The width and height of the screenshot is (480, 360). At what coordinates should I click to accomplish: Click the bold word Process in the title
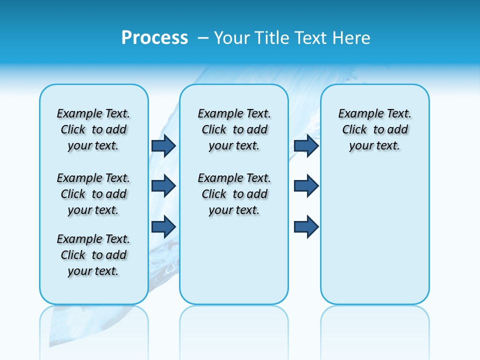154,38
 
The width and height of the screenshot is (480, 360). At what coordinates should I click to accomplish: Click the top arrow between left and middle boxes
163,145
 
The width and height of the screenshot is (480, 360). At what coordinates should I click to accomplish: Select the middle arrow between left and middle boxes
163,186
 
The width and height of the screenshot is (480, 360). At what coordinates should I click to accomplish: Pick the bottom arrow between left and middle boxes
163,226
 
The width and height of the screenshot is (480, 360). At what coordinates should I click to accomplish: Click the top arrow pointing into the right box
306,145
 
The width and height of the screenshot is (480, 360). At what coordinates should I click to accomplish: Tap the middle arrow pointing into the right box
306,186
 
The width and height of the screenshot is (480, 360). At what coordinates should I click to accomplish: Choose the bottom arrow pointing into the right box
306,226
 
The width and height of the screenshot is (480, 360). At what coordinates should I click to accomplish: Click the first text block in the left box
93,129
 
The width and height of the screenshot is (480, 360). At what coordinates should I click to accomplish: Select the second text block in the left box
93,194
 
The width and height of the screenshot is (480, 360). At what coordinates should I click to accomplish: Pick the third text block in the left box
93,255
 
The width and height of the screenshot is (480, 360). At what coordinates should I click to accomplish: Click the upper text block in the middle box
234,129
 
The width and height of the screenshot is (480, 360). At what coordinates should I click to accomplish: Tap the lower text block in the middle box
234,194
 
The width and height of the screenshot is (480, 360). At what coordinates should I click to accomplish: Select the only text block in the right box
374,129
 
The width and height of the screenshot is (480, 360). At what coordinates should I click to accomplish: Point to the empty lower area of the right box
374,235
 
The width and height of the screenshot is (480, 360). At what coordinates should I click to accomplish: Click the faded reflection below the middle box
234,325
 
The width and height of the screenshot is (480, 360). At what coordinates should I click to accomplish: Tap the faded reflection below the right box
374,325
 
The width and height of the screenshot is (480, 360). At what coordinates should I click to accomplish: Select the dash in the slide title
203,38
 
